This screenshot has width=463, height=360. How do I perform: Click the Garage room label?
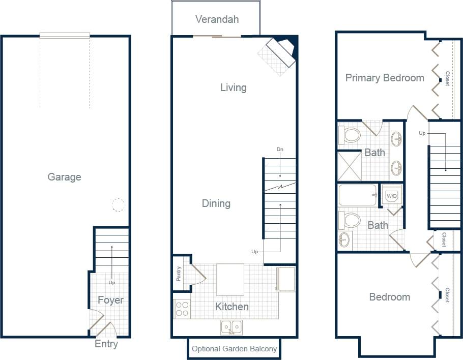(64, 177)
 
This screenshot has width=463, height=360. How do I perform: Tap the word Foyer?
(110, 300)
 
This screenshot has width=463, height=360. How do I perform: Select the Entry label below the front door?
(106, 344)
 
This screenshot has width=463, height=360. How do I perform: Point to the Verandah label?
(217, 19)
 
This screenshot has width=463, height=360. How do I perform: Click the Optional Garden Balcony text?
(235, 349)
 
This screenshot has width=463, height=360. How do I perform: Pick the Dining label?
(216, 203)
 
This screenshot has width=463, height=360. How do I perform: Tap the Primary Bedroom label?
(385, 78)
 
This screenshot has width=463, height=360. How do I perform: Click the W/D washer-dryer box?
(392, 196)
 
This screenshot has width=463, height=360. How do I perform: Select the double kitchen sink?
(231, 327)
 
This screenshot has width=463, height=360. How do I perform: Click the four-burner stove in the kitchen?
(182, 309)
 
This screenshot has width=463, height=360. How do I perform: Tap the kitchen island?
(230, 279)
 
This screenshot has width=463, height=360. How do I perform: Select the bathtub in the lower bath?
(358, 195)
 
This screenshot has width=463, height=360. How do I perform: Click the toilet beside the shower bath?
(351, 135)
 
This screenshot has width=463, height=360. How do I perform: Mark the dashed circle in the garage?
(118, 205)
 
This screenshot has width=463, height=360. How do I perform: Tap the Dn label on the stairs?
(279, 149)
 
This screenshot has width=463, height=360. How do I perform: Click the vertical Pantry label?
(179, 275)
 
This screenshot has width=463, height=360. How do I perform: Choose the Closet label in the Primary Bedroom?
(447, 78)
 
